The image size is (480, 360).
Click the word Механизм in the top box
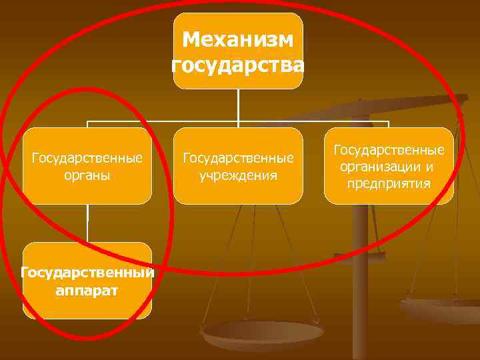(237, 40)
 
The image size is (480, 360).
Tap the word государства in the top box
(237, 65)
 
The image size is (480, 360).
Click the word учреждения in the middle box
(237, 176)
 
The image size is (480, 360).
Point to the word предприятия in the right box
(389, 183)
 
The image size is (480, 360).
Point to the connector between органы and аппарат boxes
(87, 223)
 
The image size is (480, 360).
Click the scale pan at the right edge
(443, 311)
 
